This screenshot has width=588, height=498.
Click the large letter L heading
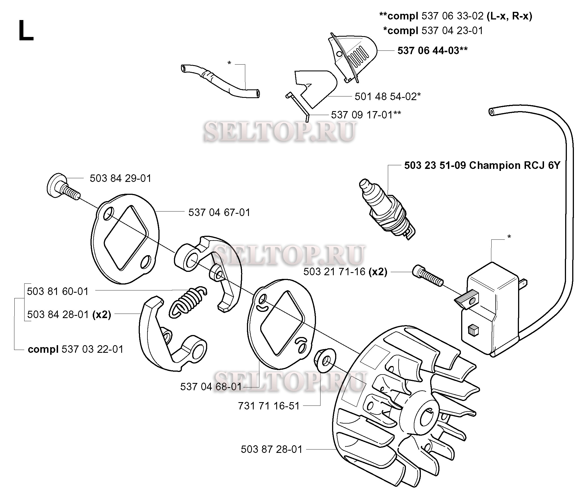pos(26,31)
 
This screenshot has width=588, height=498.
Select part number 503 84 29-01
pos(120,179)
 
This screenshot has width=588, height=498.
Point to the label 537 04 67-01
pos(219,212)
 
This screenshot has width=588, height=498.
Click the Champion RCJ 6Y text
pos(514,165)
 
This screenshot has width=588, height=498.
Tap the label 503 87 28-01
pos(271,449)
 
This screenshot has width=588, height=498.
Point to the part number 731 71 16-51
pos(269,406)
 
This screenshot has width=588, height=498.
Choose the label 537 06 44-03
pos(432,50)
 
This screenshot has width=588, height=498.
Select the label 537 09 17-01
pos(366,115)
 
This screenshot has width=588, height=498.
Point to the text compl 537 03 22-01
pos(76,349)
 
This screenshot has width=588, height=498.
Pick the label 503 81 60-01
pos(58,291)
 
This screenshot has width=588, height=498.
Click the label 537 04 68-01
pos(211,387)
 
